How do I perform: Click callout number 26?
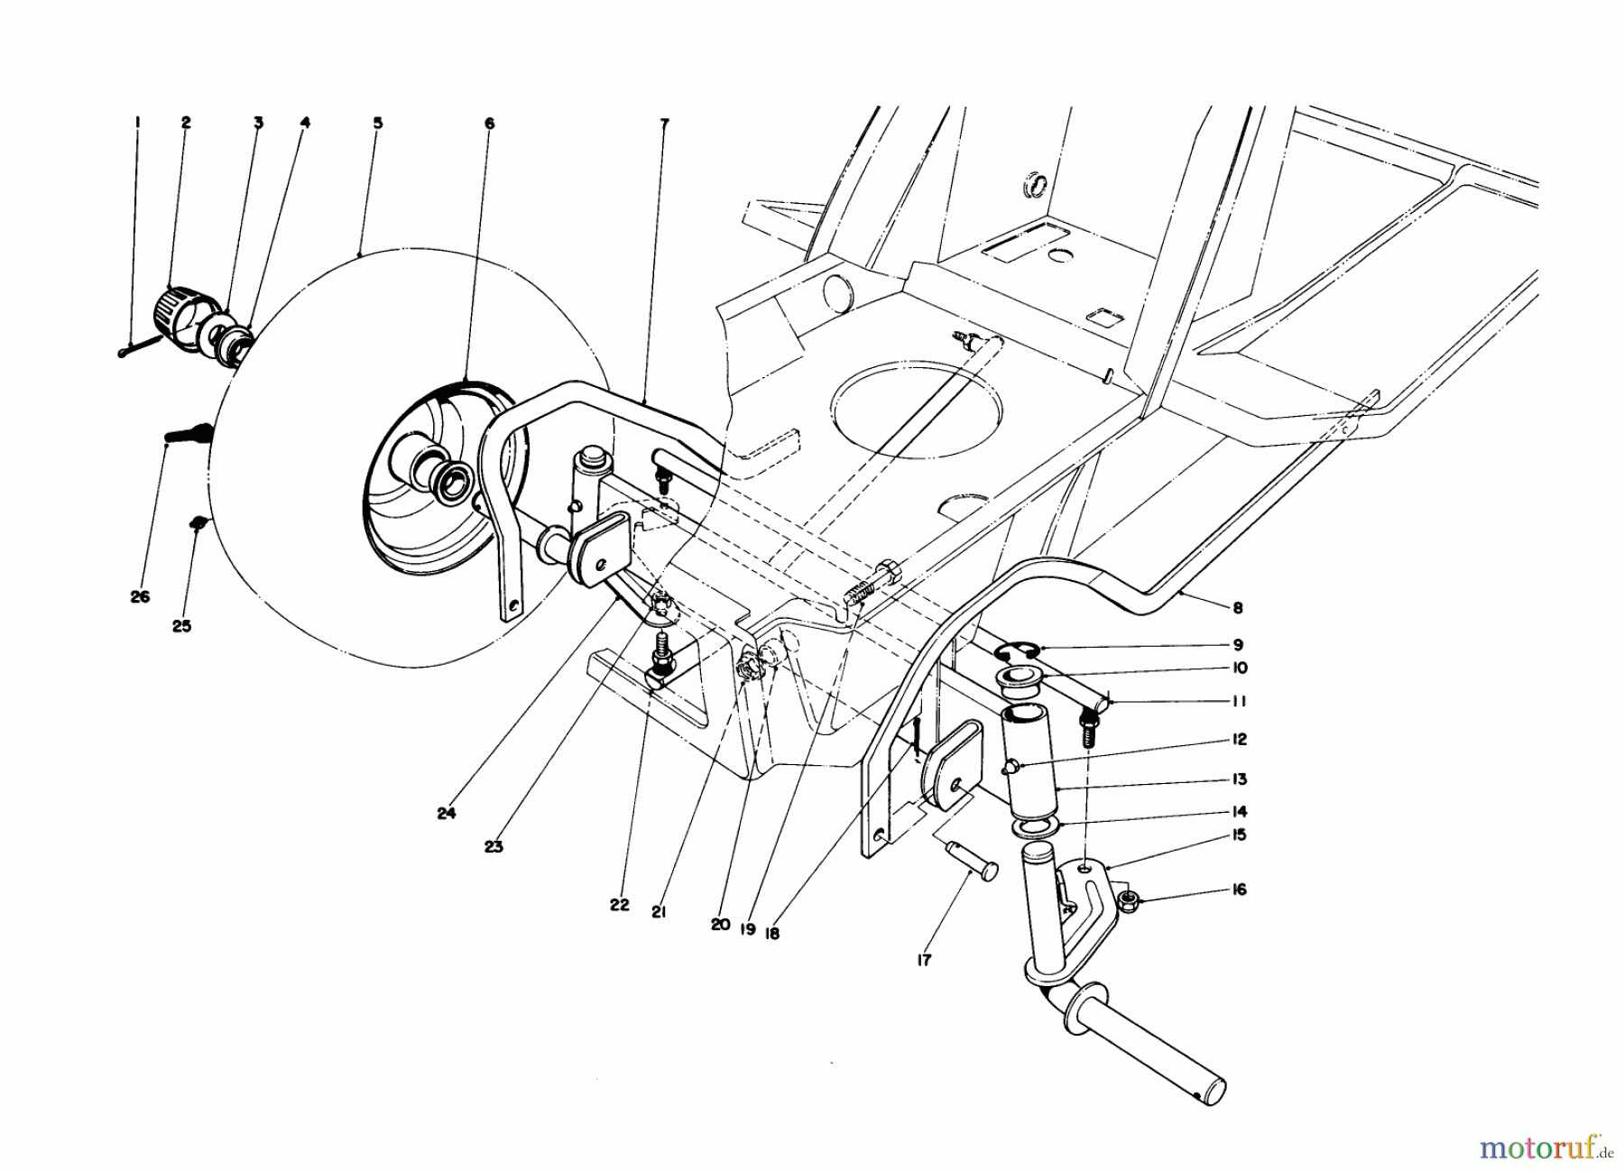point(140,597)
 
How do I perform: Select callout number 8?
point(1238,608)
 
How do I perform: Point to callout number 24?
point(446,813)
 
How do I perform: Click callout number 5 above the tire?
point(377,123)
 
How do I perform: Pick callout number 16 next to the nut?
point(1239,890)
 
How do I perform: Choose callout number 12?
point(1239,740)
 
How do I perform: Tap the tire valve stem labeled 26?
point(188,434)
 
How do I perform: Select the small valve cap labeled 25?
point(198,521)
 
